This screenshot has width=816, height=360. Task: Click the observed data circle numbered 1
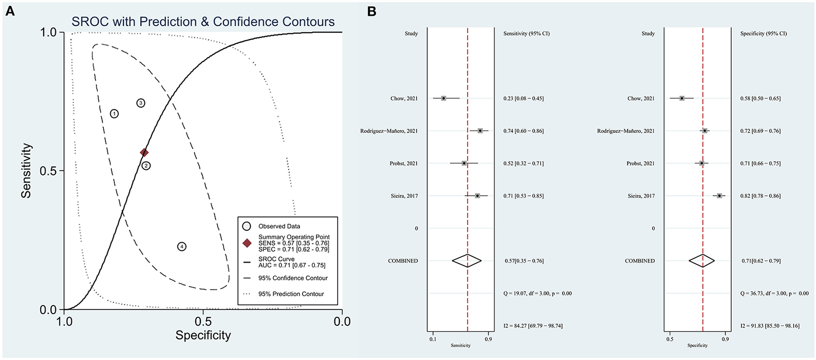pos(114,114)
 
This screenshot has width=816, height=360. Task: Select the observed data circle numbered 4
pos(182,247)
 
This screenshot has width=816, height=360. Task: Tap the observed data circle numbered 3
pos(141,103)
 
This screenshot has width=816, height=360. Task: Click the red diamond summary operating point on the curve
pos(144,152)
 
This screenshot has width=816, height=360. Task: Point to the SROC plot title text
pos(203,22)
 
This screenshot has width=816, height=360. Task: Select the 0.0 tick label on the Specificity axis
pos(342,321)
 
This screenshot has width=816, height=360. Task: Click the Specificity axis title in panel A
pos(203,335)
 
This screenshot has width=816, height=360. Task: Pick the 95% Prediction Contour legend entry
pos(291,294)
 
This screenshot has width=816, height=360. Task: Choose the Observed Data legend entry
pos(279,226)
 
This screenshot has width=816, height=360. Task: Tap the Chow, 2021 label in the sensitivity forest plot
pos(404,99)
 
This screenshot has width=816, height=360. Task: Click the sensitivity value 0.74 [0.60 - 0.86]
pos(524,131)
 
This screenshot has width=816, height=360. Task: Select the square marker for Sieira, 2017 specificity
pos(719,196)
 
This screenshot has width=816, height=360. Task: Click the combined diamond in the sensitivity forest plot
pos(467,261)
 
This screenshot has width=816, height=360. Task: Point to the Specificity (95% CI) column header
pos(763,34)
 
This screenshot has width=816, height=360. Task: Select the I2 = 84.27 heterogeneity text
pos(533,326)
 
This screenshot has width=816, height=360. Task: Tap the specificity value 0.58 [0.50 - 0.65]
pos(760,99)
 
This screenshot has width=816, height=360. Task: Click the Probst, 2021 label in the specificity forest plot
pos(640,163)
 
